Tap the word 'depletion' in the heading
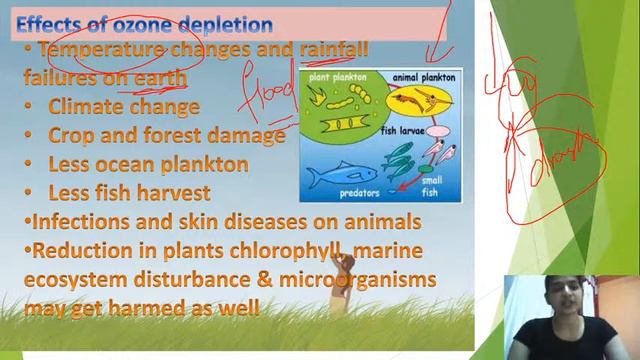pyautogui.click(x=229, y=21)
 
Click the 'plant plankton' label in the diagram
pyautogui.click(x=338, y=77)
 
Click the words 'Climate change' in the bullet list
pyautogui.click(x=124, y=106)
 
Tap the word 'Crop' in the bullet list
pyautogui.click(x=70, y=134)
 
